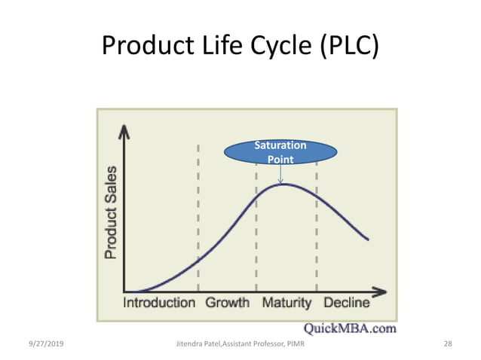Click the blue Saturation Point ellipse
pyautogui.click(x=280, y=151)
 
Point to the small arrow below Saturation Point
pyautogui.click(x=280, y=175)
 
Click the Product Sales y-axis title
pyautogui.click(x=111, y=212)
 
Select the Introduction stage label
pyautogui.click(x=159, y=303)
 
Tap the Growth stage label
pyautogui.click(x=227, y=303)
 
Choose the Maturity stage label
pyautogui.click(x=286, y=303)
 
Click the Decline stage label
pyautogui.click(x=346, y=303)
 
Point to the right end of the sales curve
pyautogui.click(x=368, y=239)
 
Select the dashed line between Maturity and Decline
pyautogui.click(x=316, y=226)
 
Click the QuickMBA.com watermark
pyautogui.click(x=350, y=328)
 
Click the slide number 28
pyautogui.click(x=448, y=344)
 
